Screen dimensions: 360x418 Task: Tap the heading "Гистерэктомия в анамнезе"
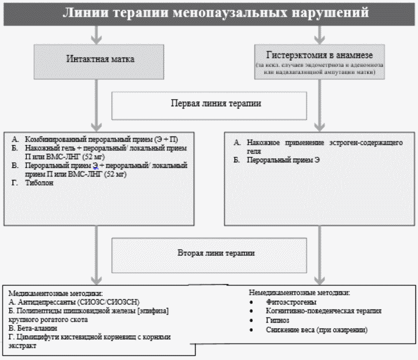(x=319, y=55)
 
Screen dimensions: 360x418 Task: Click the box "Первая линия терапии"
(x=208, y=104)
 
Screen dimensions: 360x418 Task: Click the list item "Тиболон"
(x=38, y=183)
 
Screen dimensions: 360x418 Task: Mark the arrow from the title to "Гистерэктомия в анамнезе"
(x=319, y=33)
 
